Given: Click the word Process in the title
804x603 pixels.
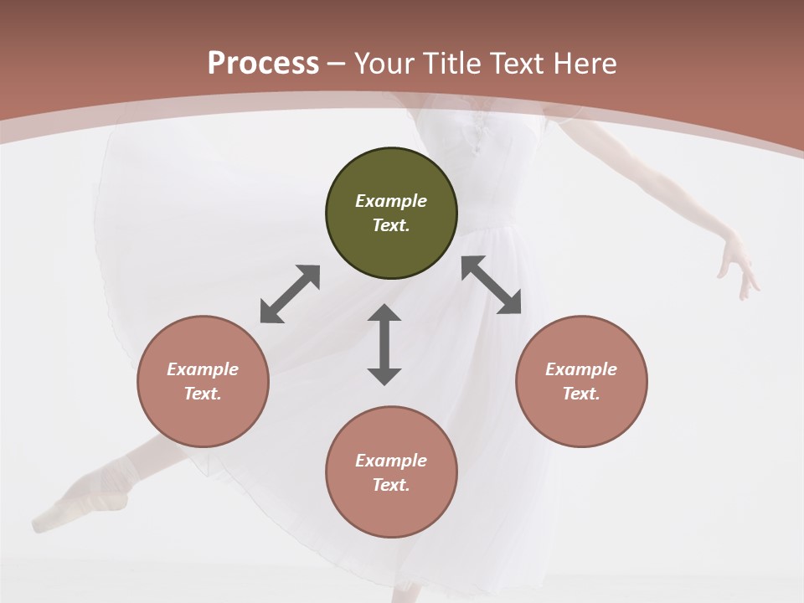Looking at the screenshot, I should click(263, 64).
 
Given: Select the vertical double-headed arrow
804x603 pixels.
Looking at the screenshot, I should click(384, 344).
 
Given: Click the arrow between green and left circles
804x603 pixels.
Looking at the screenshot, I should click(290, 294).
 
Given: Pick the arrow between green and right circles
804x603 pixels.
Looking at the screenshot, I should click(491, 285).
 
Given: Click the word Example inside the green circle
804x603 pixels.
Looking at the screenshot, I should click(391, 201).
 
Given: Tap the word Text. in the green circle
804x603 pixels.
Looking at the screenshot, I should click(391, 225).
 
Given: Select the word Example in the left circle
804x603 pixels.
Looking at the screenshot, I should click(203, 369).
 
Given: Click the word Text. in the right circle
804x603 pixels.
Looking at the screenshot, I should click(581, 394).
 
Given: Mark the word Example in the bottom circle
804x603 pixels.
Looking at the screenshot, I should click(391, 461).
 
